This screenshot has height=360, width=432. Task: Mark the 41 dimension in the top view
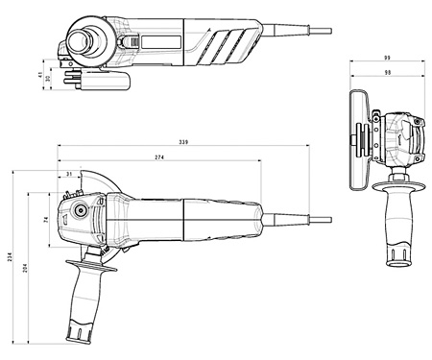[37, 72]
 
